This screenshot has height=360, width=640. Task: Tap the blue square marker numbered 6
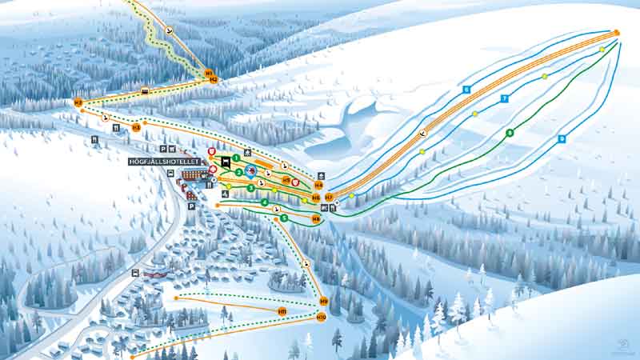(466, 89)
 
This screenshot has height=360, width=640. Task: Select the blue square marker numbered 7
(505, 98)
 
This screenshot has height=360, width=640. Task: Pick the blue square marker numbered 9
(562, 138)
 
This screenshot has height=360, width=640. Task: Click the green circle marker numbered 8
(510, 132)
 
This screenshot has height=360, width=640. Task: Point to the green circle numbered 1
(236, 158)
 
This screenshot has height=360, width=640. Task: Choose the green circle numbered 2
(239, 172)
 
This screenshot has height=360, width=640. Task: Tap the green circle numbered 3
(250, 188)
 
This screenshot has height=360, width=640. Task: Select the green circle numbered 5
(284, 218)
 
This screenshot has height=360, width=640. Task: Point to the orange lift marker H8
(316, 218)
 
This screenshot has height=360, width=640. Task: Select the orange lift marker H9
(323, 301)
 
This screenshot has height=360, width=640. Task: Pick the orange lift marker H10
(321, 318)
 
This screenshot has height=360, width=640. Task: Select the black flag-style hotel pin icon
(226, 162)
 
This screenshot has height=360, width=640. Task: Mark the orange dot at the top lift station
(617, 32)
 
